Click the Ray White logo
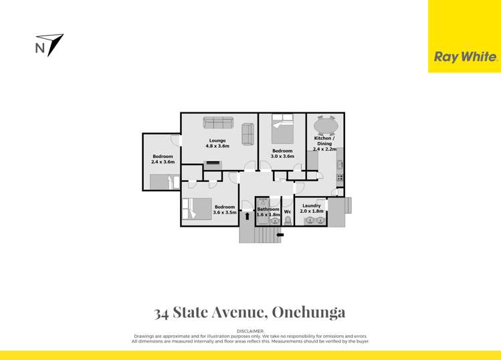pos(466,58)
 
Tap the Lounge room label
pos(217,141)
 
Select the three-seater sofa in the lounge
pos(217,122)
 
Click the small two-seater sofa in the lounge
pos(247,134)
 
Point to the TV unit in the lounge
pos(213,162)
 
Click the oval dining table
pos(325,125)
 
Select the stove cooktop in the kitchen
pos(340,178)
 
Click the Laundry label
pos(311,205)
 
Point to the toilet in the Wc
pos(288,220)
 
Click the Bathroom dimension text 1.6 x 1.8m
pos(268,215)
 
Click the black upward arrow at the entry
pos(247,215)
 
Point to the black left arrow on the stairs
pos(280,235)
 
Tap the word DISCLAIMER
pos(250,331)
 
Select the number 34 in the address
pos(161,312)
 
